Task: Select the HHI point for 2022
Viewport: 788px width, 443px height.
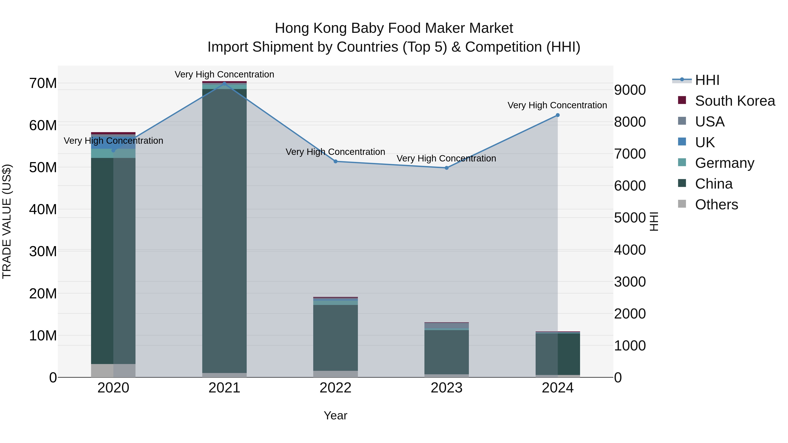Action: tap(335, 161)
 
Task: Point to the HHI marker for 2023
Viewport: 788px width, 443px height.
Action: tap(446, 168)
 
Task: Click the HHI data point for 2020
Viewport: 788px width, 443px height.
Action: tap(113, 151)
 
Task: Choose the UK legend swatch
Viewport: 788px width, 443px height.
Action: tap(682, 142)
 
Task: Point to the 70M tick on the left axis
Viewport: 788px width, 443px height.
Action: tap(43, 83)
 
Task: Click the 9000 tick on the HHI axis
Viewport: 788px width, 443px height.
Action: tap(630, 90)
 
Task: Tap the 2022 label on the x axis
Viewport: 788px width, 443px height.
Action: tap(335, 388)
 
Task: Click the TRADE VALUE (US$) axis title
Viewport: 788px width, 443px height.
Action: tap(7, 221)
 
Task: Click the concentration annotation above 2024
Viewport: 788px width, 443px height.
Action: tap(557, 105)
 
